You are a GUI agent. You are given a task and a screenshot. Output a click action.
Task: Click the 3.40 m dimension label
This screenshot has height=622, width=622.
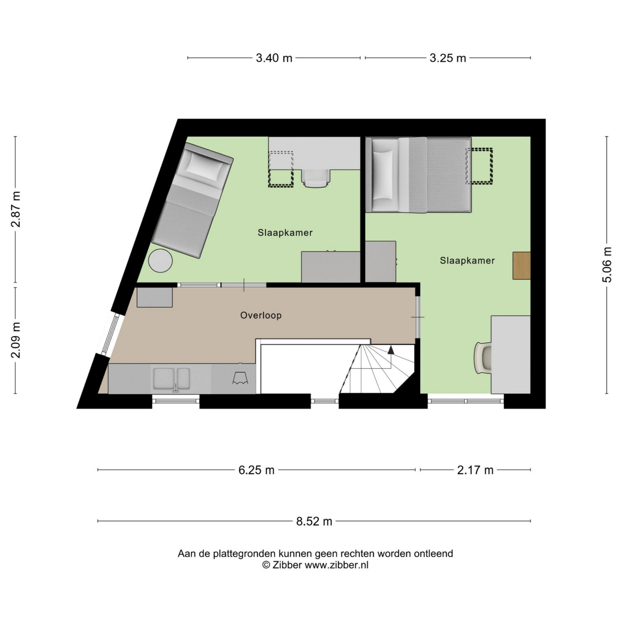tap(274, 58)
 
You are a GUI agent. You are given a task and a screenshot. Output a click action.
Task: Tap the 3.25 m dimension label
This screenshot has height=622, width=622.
tap(447, 58)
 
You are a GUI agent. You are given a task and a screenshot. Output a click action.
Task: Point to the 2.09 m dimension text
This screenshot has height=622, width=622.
tap(16, 340)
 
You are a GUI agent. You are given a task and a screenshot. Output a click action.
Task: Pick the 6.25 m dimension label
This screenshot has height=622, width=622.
tap(256, 470)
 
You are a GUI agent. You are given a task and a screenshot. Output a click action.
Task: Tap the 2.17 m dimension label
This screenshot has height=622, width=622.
tap(475, 470)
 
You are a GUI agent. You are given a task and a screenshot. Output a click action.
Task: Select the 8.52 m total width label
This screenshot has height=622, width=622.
tap(314, 521)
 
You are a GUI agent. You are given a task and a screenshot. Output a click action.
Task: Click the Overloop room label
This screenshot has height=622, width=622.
tap(261, 315)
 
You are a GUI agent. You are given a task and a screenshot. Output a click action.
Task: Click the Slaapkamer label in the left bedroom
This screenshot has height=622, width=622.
tap(285, 233)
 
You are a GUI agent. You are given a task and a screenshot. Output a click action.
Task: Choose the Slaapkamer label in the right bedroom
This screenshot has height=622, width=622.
tap(467, 260)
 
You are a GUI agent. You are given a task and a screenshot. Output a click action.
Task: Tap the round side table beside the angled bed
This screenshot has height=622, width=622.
tap(160, 261)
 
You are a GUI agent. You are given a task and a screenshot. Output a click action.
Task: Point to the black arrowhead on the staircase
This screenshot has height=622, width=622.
tap(391, 350)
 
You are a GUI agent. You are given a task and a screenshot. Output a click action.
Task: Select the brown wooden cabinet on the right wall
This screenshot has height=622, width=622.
tap(522, 265)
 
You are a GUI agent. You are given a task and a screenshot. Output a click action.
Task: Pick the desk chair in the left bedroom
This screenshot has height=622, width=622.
tap(315, 178)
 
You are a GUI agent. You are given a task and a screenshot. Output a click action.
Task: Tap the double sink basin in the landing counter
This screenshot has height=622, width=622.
tap(171, 379)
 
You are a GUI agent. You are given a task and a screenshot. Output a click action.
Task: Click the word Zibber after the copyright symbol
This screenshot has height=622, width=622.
tap(287, 565)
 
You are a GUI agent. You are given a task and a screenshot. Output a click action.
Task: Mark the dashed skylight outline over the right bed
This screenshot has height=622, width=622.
tap(479, 166)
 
